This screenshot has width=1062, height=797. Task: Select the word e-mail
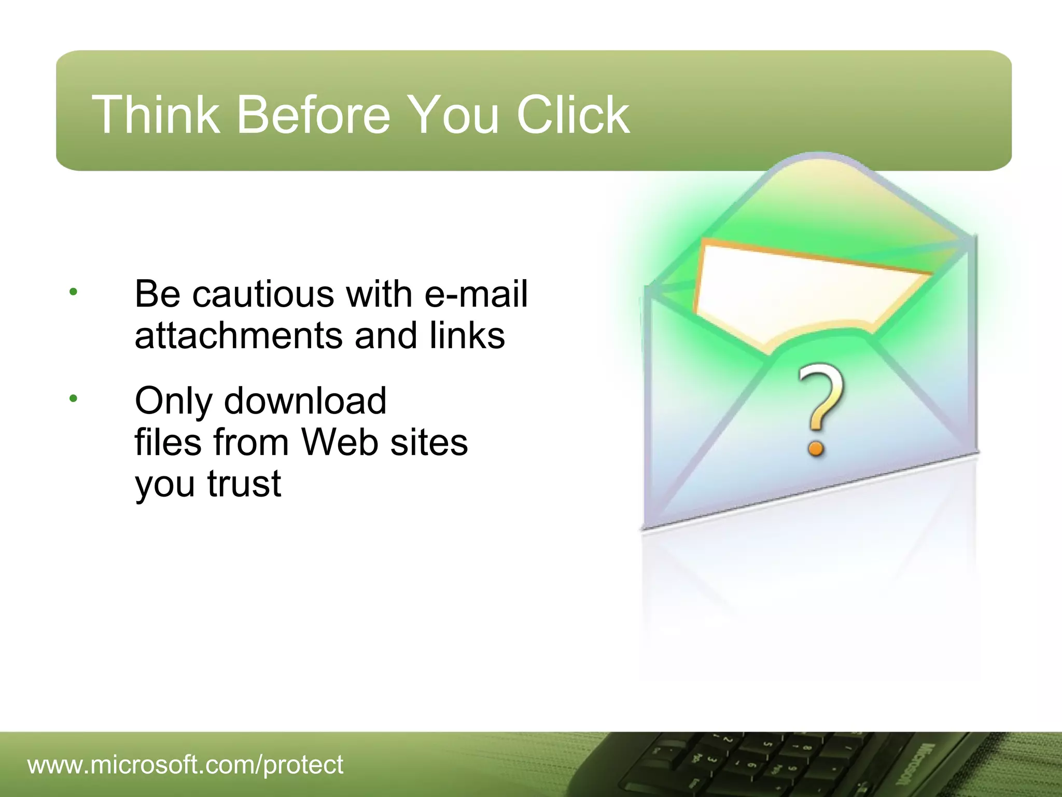click(476, 294)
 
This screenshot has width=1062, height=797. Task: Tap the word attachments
click(239, 336)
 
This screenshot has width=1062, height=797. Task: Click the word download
click(305, 401)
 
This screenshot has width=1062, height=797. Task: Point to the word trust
click(244, 484)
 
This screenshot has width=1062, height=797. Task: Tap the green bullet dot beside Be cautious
click(73, 292)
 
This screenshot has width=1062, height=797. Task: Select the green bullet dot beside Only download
click(73, 398)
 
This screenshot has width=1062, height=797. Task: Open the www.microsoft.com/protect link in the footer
click(185, 765)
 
